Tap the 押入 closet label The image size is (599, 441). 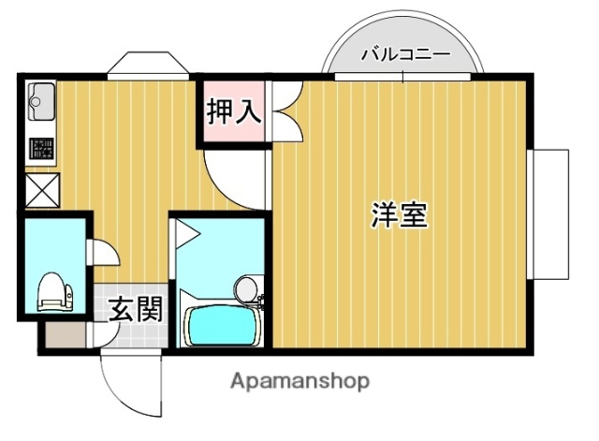pos(233,113)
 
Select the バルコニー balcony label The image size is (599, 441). pos(405,54)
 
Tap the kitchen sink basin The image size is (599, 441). pos(41,99)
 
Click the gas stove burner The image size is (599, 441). pos(41,148)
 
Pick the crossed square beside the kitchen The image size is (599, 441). pos(41,192)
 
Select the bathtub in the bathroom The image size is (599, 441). pos(222,324)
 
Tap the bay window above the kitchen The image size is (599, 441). pos(144,66)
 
